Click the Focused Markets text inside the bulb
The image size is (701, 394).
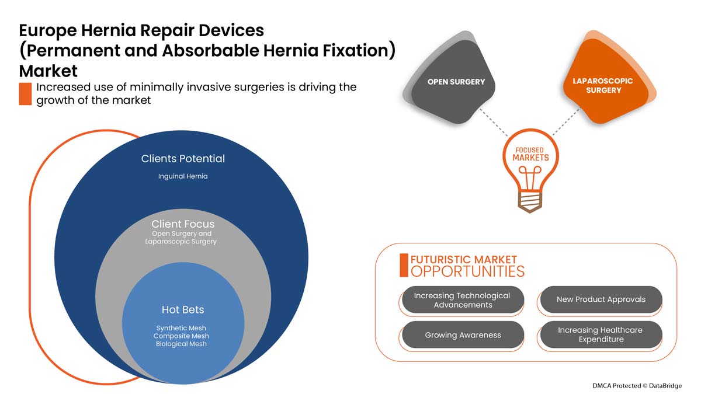(x=530, y=154)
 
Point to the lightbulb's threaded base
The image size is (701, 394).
(x=529, y=202)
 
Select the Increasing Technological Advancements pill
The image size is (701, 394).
(x=463, y=300)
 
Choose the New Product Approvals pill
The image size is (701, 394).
(x=601, y=299)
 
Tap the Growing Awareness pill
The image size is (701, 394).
(x=463, y=335)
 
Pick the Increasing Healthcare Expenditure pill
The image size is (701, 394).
(x=601, y=334)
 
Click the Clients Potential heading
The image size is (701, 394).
(x=183, y=159)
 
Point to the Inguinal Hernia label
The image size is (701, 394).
(x=183, y=176)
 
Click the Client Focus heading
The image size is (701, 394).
(x=183, y=224)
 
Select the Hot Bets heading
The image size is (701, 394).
(x=183, y=309)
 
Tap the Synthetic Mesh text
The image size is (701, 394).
(x=181, y=328)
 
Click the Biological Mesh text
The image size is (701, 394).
(x=181, y=344)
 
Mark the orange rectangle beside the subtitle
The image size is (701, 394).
(x=25, y=94)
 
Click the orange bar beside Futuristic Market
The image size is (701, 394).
(x=404, y=265)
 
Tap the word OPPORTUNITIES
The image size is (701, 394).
(x=467, y=271)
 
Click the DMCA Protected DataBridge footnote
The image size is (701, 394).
(x=637, y=386)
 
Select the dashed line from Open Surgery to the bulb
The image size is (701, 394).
(x=494, y=122)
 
